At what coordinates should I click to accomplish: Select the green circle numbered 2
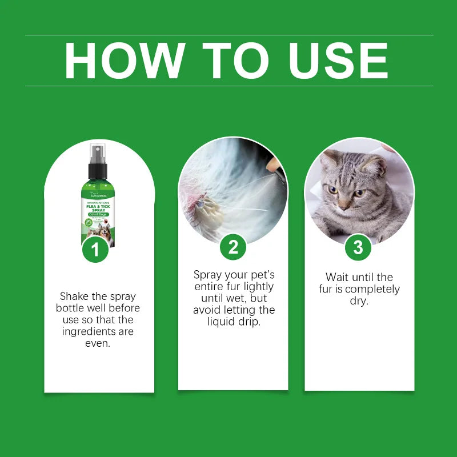click(x=233, y=247)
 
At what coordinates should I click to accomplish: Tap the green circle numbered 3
click(x=358, y=247)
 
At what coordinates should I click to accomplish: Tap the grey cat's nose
click(x=344, y=202)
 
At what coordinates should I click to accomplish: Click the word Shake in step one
click(x=74, y=296)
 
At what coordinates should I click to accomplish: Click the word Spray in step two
click(x=207, y=275)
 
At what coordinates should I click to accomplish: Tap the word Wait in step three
click(x=337, y=277)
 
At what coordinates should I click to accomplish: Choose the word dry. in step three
click(x=359, y=300)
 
